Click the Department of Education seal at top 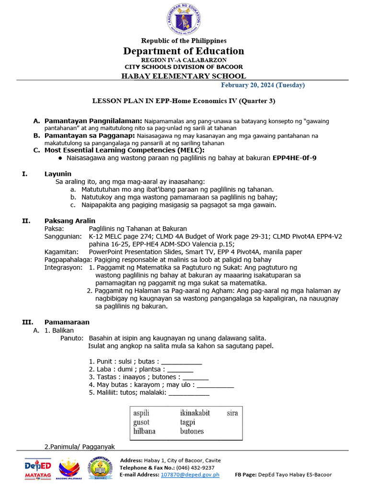pyautogui.click(x=184, y=18)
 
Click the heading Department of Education pyautogui.click(x=184, y=51)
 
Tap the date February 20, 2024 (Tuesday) pyautogui.click(x=263, y=85)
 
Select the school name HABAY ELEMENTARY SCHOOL pyautogui.click(x=184, y=76)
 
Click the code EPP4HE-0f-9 pyautogui.click(x=294, y=158)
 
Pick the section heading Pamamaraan pyautogui.click(x=67, y=322)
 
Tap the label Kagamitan pyautogui.click(x=61, y=252)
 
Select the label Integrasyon pyautogui.click(x=63, y=267)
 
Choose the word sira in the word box pyautogui.click(x=232, y=413)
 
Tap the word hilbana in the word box pyautogui.click(x=144, y=431)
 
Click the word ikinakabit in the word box pyautogui.click(x=195, y=413)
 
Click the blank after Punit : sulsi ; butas pyautogui.click(x=182, y=362)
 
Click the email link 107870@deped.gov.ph pyautogui.click(x=190, y=474)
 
